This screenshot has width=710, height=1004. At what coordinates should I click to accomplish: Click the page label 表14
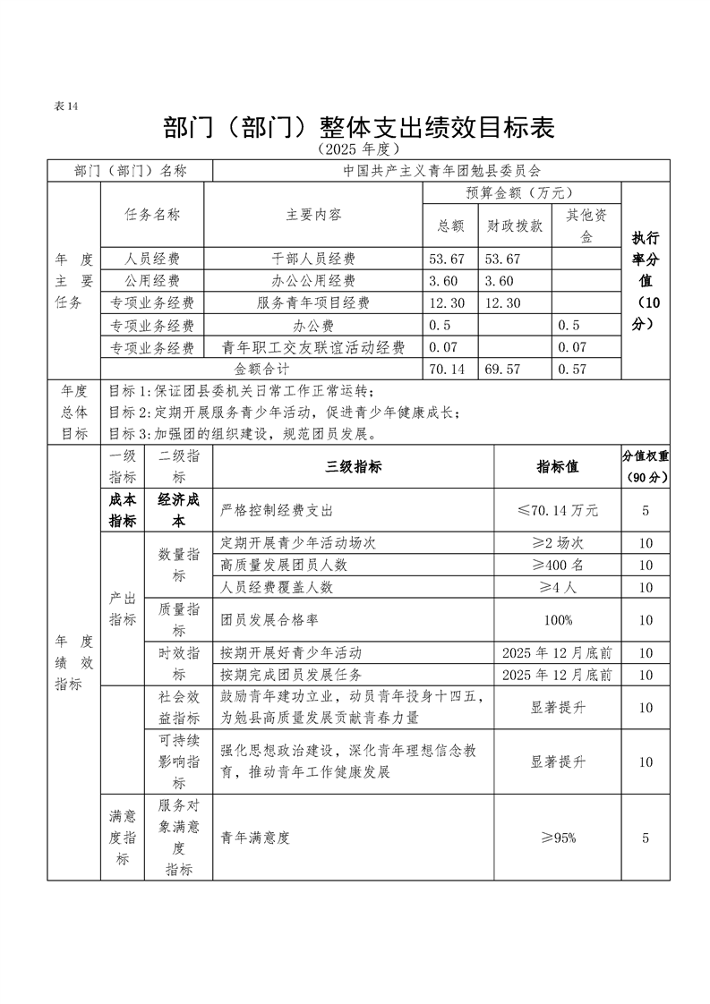tap(67, 106)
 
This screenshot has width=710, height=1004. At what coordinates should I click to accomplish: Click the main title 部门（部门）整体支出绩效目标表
tap(358, 127)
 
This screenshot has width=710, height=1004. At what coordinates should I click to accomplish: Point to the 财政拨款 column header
tap(514, 226)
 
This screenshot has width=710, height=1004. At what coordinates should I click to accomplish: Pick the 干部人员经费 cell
tap(313, 259)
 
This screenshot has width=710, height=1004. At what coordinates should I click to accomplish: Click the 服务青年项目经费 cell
tap(313, 303)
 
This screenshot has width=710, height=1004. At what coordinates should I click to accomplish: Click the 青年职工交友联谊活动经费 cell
tap(313, 347)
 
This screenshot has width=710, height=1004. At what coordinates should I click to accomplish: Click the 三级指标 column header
tap(353, 466)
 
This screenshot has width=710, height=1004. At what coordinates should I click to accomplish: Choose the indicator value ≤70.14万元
tap(557, 511)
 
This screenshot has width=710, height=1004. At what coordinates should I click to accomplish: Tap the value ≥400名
tap(557, 566)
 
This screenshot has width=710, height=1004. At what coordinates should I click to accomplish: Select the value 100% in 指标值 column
tap(557, 620)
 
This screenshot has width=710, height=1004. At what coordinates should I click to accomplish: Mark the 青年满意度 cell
tap(255, 838)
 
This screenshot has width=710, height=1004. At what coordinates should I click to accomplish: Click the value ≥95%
tap(557, 838)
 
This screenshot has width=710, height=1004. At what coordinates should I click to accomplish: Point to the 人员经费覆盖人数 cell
tap(277, 587)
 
